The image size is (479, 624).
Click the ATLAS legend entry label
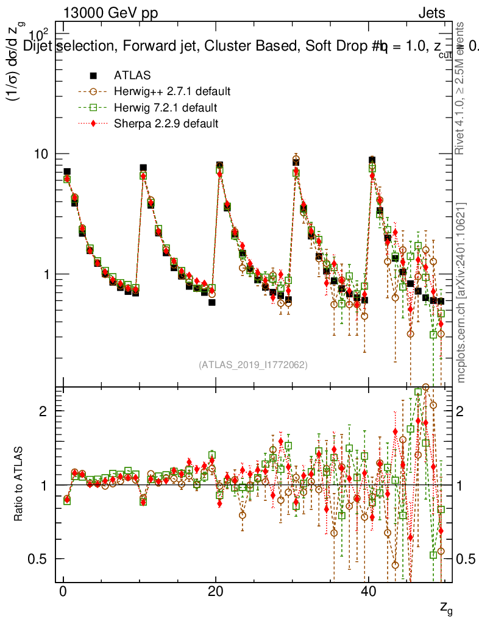point(132,76)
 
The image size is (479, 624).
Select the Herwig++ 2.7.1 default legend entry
point(172,92)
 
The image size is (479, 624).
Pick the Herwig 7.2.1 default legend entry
point(166,108)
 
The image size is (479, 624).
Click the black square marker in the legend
point(93,76)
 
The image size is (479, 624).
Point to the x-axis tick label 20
point(215,593)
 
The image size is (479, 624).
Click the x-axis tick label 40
point(367,593)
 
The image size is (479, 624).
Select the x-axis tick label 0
point(63,593)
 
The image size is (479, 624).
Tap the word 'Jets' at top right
point(431,13)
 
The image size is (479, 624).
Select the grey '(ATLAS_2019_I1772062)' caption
point(253,365)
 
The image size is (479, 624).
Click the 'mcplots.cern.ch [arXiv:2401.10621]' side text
point(461,292)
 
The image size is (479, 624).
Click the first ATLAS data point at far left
point(67,172)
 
